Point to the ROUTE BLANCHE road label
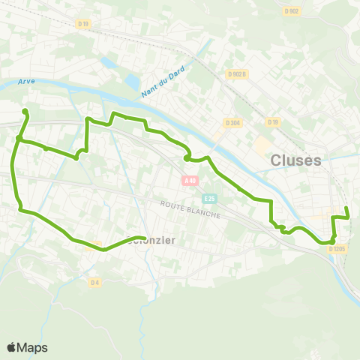tap(190, 208)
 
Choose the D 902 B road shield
tap(237, 74)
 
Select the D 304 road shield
tap(231, 122)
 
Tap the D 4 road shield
tap(94, 282)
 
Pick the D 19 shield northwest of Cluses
tap(272, 121)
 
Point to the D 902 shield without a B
tap(292, 10)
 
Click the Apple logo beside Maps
tap(12, 347)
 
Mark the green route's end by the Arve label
tap(25, 112)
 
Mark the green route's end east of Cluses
tap(346, 208)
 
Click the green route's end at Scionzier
tap(143, 239)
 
